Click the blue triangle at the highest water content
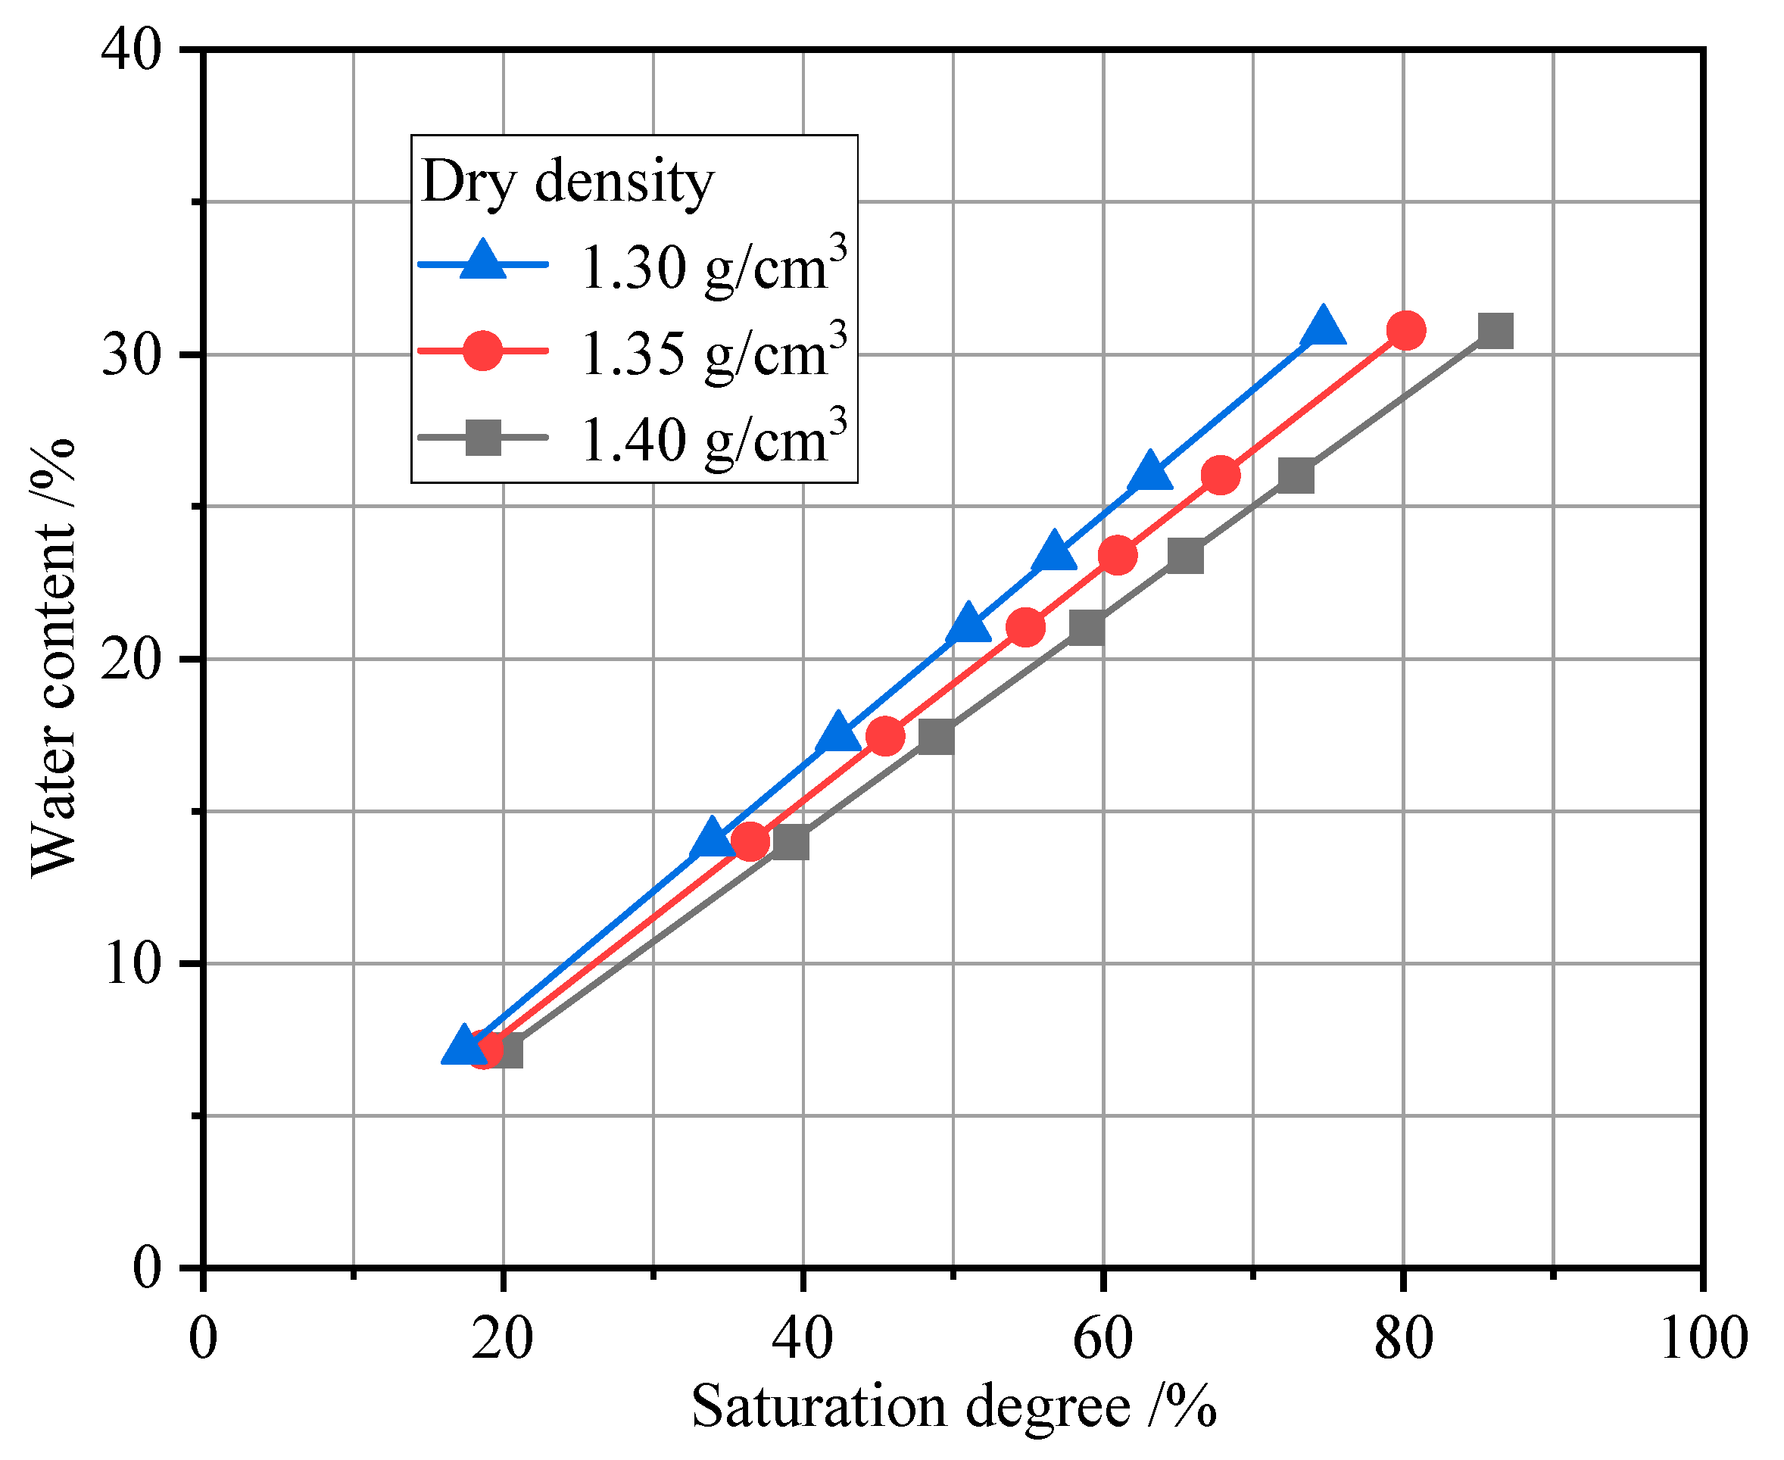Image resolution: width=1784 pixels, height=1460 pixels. (1322, 329)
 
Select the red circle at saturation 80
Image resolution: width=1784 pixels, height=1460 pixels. (1406, 330)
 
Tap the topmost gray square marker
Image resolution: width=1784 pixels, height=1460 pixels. (1496, 332)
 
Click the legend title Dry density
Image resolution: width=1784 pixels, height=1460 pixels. (567, 181)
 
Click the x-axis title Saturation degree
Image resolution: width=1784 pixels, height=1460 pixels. (953, 1407)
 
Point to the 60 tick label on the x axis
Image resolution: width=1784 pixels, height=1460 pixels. (1103, 1339)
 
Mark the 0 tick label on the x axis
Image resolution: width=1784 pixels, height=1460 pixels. (203, 1339)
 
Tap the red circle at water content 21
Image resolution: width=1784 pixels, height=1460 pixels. (1025, 628)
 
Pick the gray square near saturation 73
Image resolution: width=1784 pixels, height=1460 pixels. (1296, 476)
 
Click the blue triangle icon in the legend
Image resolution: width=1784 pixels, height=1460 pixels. (484, 261)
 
